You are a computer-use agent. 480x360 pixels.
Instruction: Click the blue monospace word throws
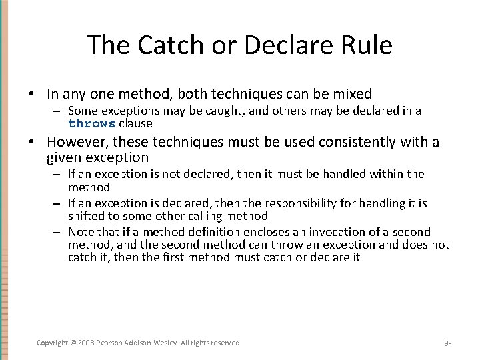tap(92, 123)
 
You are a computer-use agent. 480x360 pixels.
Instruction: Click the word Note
tap(81, 232)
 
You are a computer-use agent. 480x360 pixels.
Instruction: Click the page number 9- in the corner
tap(447, 343)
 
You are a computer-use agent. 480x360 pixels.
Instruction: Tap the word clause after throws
tap(136, 123)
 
